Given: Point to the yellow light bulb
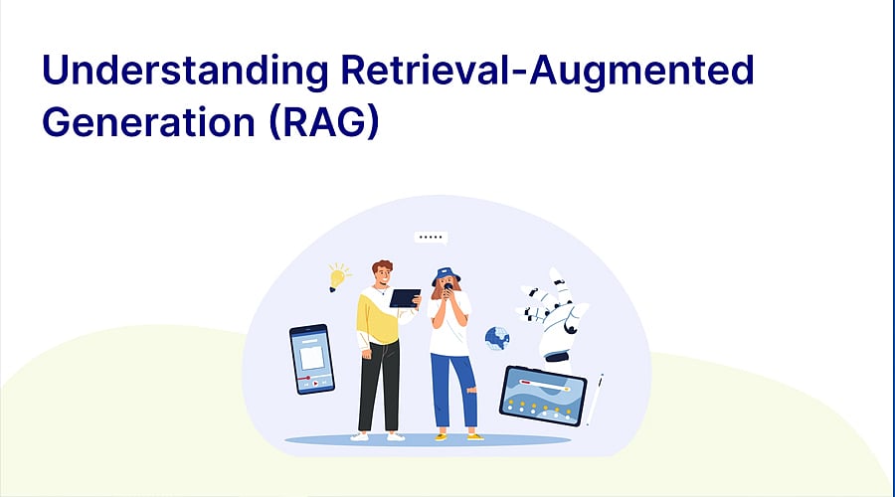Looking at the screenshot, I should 339,276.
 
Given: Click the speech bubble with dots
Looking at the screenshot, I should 430,239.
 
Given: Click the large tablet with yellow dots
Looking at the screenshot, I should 542,394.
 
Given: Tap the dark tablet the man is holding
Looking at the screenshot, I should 405,298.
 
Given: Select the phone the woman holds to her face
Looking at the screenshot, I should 447,288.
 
